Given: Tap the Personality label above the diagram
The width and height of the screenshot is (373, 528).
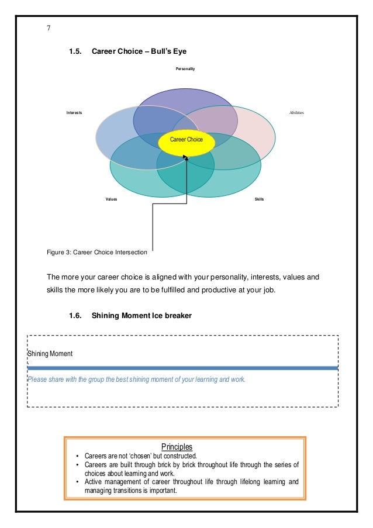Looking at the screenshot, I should point(185,69).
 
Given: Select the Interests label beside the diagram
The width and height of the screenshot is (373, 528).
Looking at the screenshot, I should point(74,112).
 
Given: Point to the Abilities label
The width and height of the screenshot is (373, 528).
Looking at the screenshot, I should point(296,112).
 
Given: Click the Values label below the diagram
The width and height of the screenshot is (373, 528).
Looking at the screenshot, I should point(111,199).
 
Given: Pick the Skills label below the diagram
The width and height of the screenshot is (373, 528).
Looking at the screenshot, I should point(260,199).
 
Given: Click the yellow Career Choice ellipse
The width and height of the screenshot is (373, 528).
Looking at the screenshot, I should point(186,142).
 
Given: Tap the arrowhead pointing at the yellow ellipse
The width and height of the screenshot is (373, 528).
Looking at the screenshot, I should point(185,157).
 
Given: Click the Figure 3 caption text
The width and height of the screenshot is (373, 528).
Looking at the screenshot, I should point(96,253).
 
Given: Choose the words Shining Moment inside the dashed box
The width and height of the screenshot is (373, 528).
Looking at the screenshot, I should point(50,354).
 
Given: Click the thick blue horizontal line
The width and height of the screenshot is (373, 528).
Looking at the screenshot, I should point(182,368).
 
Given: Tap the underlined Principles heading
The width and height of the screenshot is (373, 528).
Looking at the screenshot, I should point(184,447).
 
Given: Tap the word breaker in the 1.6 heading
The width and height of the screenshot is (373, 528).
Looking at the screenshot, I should point(177,316).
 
